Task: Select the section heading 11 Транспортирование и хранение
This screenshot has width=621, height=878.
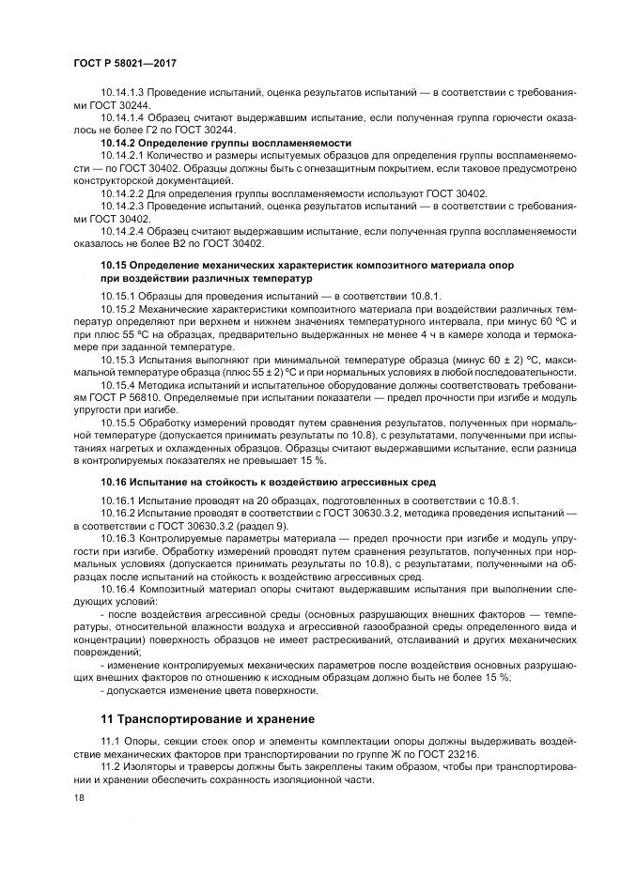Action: tap(208, 719)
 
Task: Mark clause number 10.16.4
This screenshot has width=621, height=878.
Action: tap(119, 589)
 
